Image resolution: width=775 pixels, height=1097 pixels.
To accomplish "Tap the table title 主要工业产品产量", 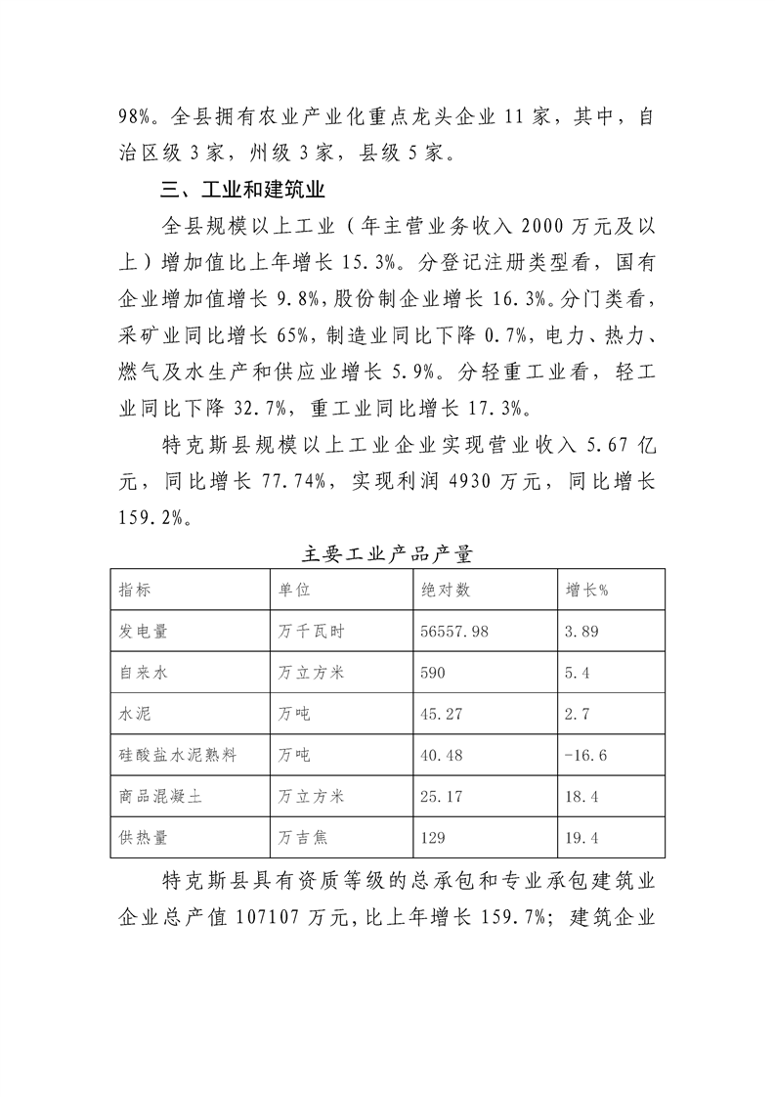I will point(388,554).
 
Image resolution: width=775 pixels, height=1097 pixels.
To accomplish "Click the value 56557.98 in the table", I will point(454,633).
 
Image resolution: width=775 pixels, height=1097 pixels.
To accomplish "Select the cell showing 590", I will point(435,674).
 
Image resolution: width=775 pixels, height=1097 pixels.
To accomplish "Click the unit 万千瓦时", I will point(307,633).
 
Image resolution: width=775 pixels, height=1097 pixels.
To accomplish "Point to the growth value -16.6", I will point(586,756).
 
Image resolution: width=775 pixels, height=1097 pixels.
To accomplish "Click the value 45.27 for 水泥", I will point(442,715).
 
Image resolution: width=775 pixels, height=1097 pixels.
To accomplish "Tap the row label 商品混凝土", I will point(160,797).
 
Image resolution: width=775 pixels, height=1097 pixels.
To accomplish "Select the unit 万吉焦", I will point(300,838).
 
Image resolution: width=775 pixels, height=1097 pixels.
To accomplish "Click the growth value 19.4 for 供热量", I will point(582,838).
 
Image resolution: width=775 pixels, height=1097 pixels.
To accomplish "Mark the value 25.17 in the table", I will point(442,797).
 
